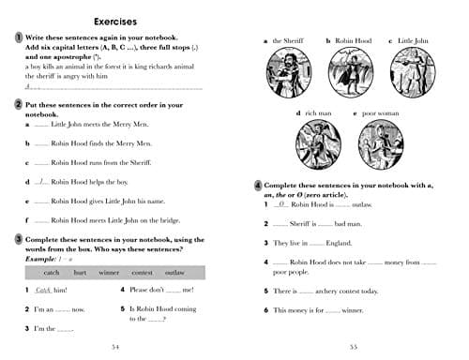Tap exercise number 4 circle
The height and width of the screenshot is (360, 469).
(258, 185)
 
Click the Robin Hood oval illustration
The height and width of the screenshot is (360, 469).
(347, 72)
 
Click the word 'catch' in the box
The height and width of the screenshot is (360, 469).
(52, 273)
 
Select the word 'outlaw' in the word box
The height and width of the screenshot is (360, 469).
(174, 273)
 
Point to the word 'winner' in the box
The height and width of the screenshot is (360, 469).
(110, 273)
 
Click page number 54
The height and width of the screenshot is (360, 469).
(115, 346)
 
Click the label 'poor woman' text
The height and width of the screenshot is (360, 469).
(382, 113)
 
